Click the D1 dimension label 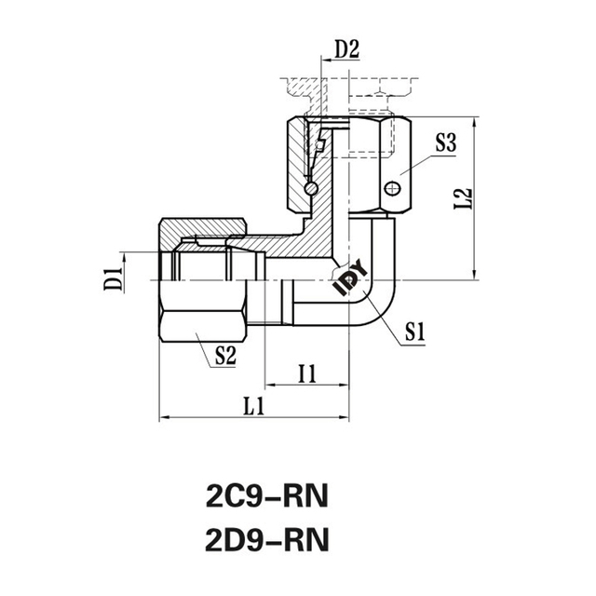click(115, 278)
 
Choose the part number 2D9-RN click(265, 539)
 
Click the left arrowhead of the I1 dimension click(270, 384)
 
